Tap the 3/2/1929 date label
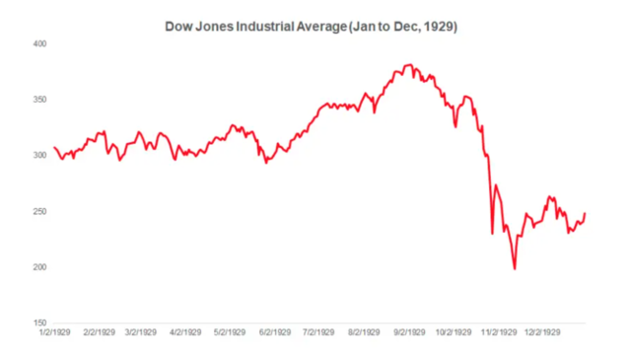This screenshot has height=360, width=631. pos(140,334)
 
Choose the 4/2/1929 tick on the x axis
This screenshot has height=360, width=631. pos(186,334)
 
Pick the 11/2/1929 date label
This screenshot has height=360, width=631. pos(500,334)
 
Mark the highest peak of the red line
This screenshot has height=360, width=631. pos(406,66)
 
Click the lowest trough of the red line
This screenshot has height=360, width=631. pos(514,268)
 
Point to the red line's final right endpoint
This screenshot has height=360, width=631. pos(585,213)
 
